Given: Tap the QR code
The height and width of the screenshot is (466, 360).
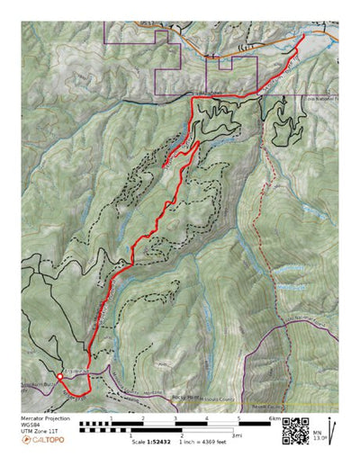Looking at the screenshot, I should coord(295,430).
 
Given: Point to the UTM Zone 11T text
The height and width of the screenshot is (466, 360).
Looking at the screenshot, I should coord(39,432).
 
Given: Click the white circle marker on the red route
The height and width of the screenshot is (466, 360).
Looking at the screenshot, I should coord(59,376).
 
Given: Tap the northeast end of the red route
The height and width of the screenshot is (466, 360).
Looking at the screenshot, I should coord(300,38).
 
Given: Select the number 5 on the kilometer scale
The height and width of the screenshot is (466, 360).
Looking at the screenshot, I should coord(238,419).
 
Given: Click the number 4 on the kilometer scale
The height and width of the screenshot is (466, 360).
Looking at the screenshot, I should coord(206,419).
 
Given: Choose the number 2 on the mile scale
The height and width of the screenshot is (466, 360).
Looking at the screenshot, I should coord(181,436).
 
